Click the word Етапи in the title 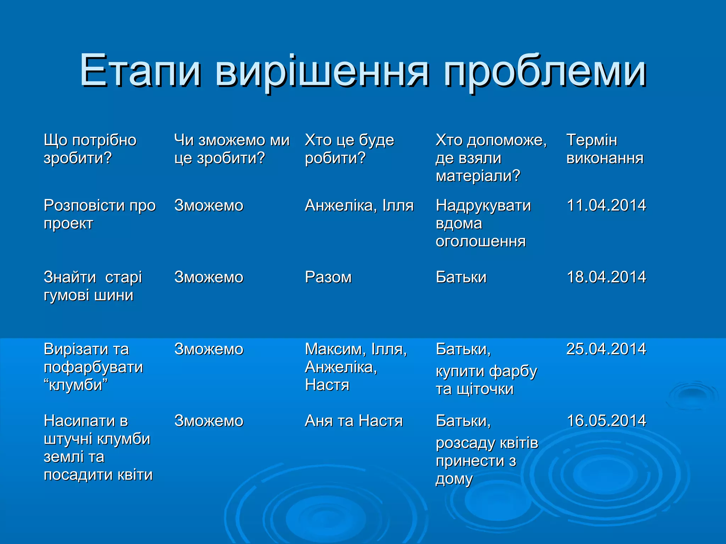tap(140, 71)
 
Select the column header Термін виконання tap(605, 149)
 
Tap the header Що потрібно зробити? tap(90, 149)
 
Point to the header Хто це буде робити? tap(349, 149)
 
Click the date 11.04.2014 tap(606, 205)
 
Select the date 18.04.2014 tap(606, 277)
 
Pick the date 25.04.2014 tap(606, 349)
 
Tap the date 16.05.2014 tap(606, 421)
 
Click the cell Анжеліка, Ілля tap(359, 205)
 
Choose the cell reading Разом tap(328, 277)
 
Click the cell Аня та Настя tap(354, 421)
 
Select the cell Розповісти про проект tap(100, 214)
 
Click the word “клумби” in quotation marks tap(76, 385)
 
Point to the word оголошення tap(480, 242)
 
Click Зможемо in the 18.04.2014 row tap(209, 277)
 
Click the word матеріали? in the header tap(478, 176)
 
